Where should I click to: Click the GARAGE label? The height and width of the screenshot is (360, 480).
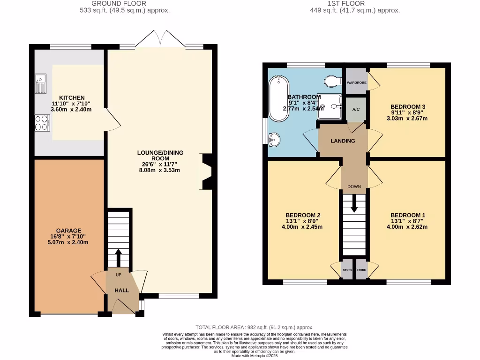click(x=69, y=230)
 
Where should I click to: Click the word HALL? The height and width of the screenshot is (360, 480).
click(x=122, y=291)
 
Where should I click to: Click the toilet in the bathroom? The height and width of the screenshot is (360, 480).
click(x=334, y=82)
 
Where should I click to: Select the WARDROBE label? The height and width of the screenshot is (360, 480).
click(x=356, y=82)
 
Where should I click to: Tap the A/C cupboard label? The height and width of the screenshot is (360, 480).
click(x=356, y=109)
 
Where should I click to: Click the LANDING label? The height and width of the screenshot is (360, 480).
click(x=343, y=141)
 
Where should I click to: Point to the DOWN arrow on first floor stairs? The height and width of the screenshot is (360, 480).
click(x=354, y=203)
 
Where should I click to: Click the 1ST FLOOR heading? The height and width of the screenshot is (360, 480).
click(x=357, y=3)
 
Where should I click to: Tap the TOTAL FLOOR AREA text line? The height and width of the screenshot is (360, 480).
click(x=254, y=327)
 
